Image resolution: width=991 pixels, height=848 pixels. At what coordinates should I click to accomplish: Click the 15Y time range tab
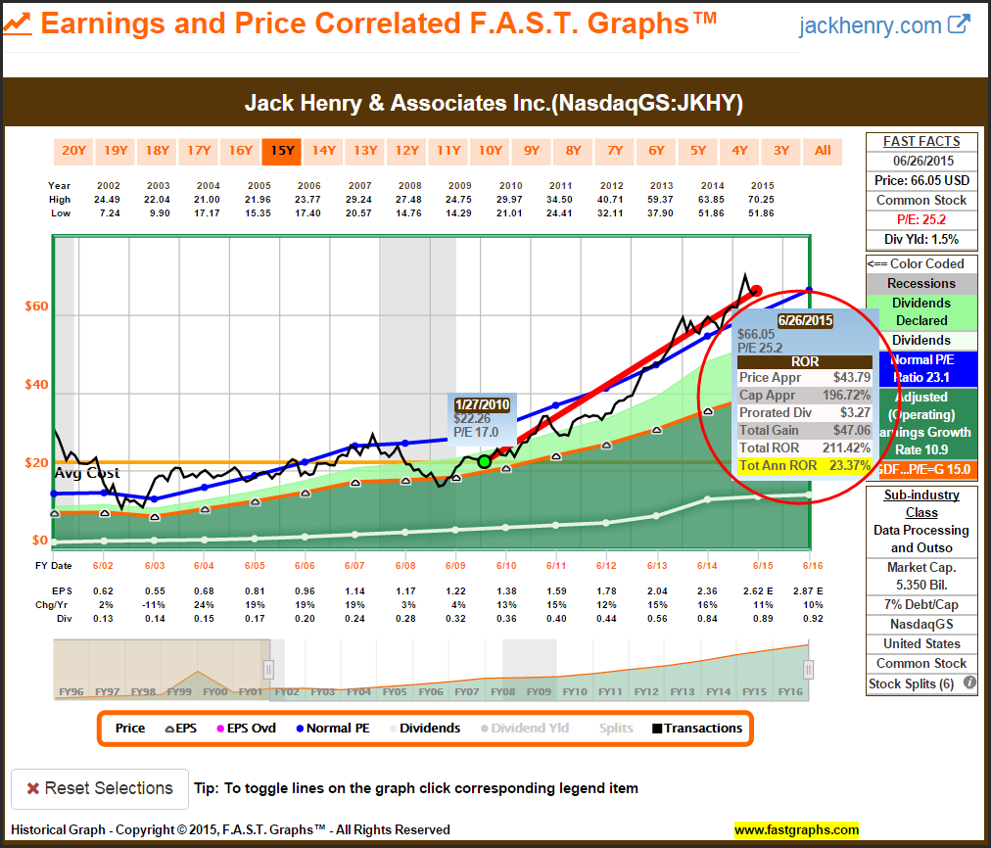[282, 150]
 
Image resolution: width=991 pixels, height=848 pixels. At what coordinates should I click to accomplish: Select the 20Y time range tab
[74, 150]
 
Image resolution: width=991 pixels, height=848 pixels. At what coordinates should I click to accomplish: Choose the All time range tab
[823, 150]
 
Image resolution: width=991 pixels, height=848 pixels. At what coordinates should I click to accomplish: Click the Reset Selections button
[99, 788]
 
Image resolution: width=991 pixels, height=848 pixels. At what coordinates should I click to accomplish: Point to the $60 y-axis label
[36, 306]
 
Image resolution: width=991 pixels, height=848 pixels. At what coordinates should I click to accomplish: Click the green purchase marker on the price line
[484, 460]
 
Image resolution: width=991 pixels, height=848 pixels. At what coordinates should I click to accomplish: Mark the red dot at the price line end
[756, 291]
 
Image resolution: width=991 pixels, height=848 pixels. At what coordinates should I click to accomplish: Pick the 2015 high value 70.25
[762, 199]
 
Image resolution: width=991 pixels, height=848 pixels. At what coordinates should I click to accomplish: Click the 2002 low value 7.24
[109, 212]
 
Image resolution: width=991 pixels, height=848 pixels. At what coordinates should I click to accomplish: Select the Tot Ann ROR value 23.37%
[849, 466]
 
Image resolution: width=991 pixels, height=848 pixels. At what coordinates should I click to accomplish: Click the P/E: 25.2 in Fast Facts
[921, 219]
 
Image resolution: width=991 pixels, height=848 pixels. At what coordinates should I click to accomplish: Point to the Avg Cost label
[87, 473]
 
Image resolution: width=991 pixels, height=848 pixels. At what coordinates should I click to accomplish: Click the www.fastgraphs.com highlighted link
[796, 830]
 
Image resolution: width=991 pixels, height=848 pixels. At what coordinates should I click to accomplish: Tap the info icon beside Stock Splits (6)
[969, 683]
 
